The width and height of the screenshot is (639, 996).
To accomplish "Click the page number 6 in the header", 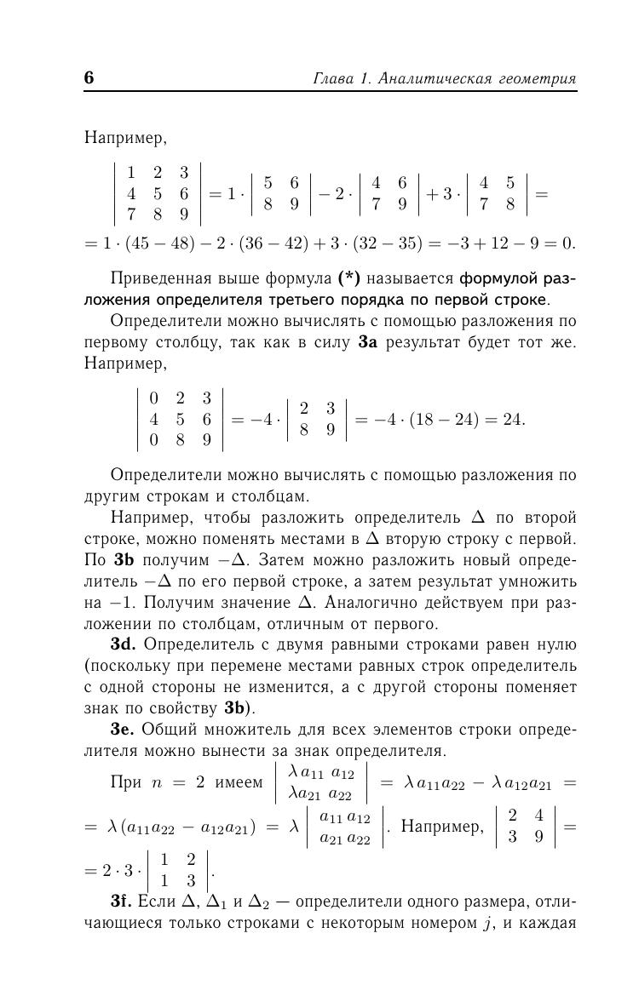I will tap(89, 78).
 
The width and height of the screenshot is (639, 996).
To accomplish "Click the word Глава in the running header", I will tap(334, 79).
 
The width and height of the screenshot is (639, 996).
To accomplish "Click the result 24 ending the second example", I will tap(514, 419).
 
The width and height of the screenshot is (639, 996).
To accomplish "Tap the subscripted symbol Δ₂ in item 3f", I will tap(256, 903).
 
